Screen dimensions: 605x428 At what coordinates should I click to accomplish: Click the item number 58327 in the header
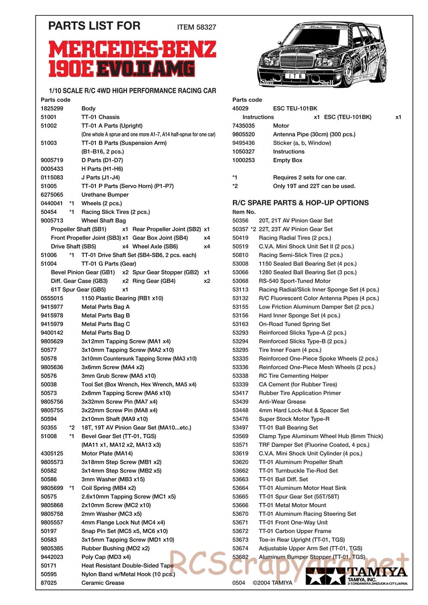[206, 27]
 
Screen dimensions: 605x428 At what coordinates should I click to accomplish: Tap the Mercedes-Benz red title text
[132, 50]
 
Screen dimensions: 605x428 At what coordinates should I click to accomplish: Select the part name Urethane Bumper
[105, 195]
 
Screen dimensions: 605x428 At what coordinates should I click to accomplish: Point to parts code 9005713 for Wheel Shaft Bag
[52, 221]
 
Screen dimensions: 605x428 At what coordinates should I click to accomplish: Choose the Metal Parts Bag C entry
[105, 324]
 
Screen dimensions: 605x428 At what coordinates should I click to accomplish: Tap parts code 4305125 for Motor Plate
[52, 454]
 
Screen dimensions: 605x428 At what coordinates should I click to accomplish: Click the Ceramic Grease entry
[103, 583]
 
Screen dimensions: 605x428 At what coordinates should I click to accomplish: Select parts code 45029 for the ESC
[240, 109]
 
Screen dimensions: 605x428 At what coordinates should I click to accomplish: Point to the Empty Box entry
[288, 160]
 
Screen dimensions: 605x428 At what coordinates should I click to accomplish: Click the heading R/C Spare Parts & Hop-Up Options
[300, 203]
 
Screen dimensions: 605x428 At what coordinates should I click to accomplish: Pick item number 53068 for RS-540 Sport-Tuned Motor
[240, 281]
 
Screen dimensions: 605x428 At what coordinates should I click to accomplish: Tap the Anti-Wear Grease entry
[282, 402]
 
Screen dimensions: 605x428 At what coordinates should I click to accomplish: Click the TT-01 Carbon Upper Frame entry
[295, 531]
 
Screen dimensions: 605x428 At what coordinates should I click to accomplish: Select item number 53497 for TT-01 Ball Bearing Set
[240, 427]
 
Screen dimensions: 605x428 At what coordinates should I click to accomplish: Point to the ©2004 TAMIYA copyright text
[272, 583]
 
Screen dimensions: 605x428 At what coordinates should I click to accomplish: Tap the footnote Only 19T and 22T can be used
[314, 186]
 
